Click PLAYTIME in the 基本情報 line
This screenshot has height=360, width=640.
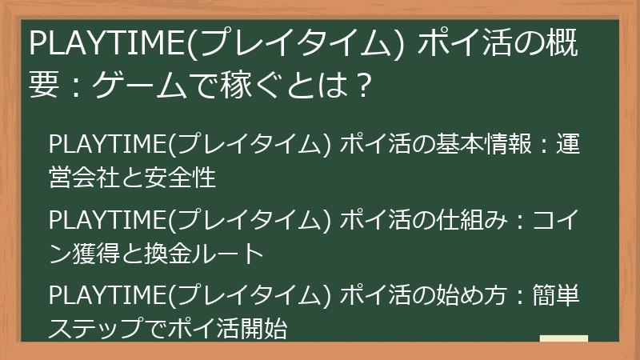(105, 147)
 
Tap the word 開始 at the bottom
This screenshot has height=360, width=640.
(263, 329)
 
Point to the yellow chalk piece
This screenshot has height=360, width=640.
(563, 338)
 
